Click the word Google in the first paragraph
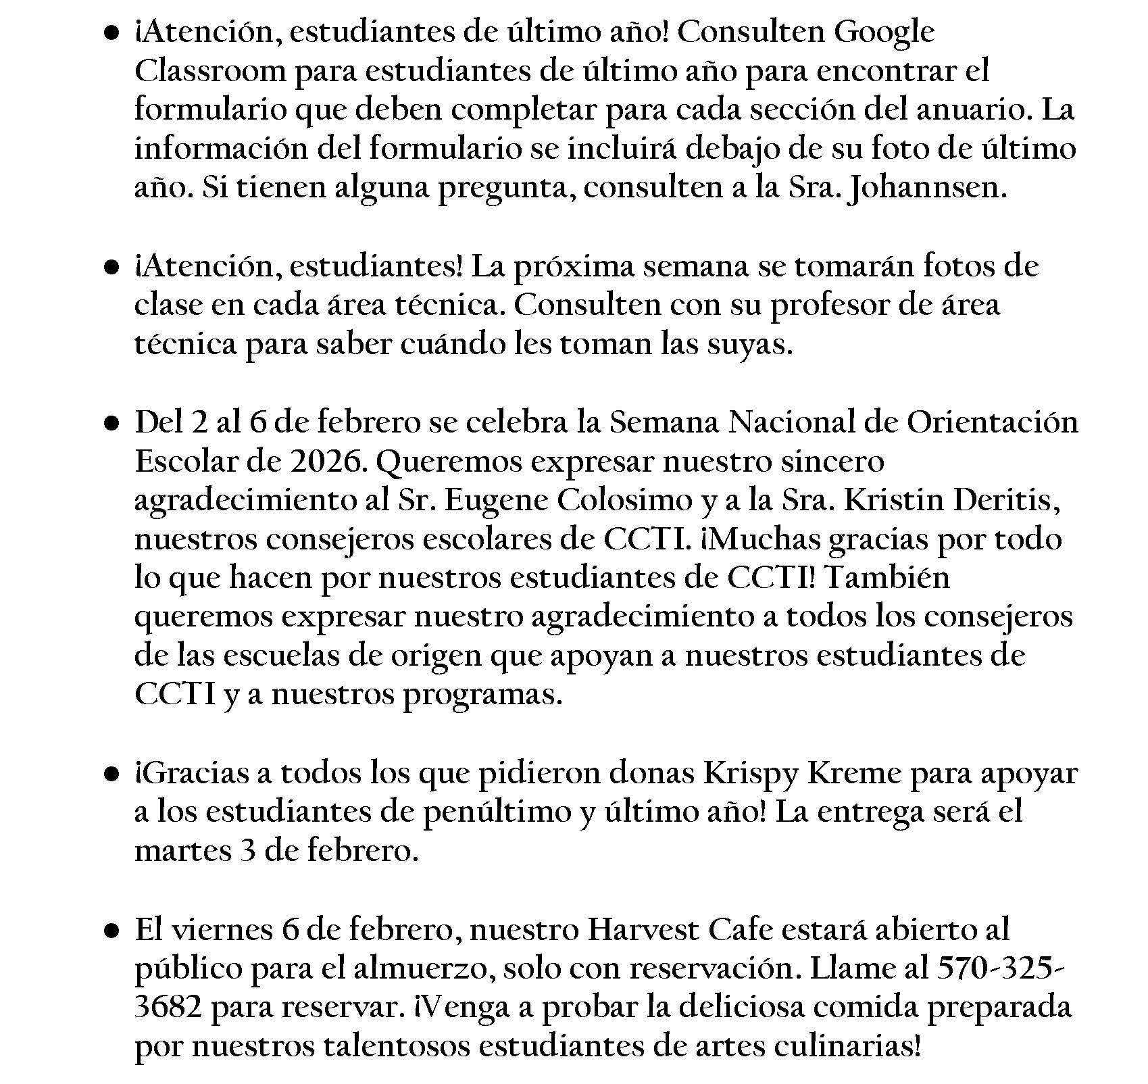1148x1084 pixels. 884,32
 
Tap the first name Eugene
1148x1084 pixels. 495,501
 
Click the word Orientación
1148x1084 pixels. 992,423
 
